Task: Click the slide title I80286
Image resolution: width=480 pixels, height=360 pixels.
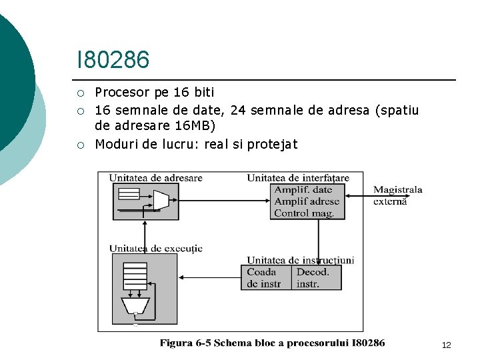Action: [113, 60]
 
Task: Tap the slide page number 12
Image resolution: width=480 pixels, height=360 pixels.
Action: [446, 345]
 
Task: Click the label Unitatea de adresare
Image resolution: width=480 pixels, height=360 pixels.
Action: [155, 178]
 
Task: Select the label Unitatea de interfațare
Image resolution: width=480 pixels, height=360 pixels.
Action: [297, 178]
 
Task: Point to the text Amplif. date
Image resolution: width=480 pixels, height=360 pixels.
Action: [303, 190]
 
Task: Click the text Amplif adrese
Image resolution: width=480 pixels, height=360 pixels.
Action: [307, 201]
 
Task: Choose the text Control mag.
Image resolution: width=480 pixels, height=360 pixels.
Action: [305, 213]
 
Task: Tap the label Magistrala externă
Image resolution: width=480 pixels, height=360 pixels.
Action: [397, 195]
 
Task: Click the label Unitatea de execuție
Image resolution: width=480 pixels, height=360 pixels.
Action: [155, 249]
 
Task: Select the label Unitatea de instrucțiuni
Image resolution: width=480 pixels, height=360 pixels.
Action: [300, 260]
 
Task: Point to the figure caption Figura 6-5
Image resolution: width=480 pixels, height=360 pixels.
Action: [272, 343]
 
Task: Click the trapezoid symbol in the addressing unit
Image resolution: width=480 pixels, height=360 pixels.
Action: [161, 200]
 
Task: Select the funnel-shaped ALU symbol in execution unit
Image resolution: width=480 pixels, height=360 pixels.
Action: [135, 305]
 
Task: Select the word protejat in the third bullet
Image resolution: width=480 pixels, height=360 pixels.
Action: [272, 144]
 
